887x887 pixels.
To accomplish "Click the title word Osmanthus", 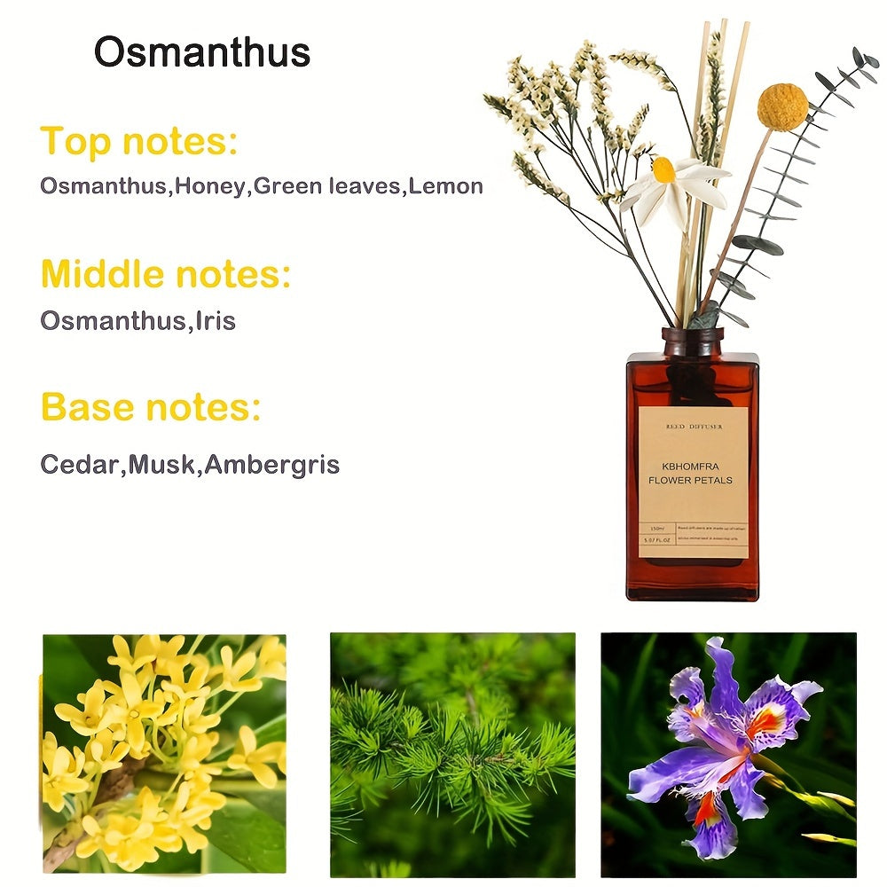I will coord(202,52).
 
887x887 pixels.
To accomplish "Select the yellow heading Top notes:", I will coord(139,142).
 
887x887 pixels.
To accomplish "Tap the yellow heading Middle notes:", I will coord(166,275).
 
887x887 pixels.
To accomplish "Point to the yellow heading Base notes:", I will coord(151,408).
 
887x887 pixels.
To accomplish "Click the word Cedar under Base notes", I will coord(80,464).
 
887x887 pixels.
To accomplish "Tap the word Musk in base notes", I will coord(161,464).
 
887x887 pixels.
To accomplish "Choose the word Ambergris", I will coord(271,464).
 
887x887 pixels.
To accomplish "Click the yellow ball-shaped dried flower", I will coord(782,106).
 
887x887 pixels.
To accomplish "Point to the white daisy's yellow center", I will coord(663,169).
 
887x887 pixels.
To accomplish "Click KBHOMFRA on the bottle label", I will coord(690,466).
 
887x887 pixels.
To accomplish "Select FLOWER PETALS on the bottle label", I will coord(690,481).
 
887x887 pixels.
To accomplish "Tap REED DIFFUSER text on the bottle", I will coord(694,427).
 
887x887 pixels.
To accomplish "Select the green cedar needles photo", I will coord(452,754).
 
